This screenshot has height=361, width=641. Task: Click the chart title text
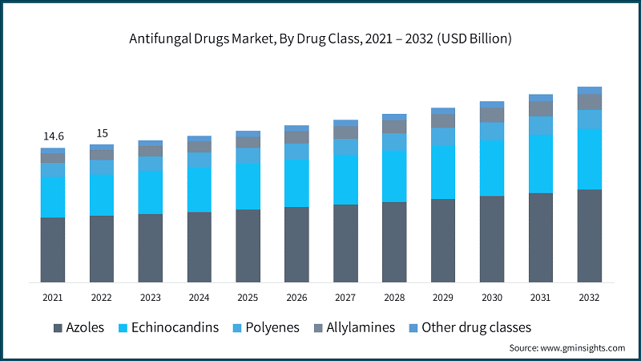[320, 39]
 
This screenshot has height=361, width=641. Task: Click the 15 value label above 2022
[102, 133]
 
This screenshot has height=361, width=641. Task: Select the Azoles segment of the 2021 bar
[53, 249]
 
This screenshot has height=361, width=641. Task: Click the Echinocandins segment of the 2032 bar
[590, 159]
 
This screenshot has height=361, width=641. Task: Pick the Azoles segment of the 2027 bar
[345, 243]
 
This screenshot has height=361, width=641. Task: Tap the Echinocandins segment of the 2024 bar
[200, 189]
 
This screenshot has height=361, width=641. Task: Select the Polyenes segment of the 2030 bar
[492, 132]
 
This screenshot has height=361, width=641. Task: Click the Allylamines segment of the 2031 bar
[541, 108]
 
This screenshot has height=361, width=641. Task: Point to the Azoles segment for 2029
[443, 241]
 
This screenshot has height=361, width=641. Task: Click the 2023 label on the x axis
[151, 298]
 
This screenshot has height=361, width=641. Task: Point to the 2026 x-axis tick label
[296, 298]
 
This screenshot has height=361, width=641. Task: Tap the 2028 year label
[394, 298]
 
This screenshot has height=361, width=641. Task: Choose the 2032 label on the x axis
[590, 298]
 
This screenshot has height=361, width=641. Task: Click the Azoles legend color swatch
[58, 327]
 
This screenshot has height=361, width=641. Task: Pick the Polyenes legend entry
[272, 327]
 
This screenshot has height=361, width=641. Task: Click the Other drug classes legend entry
[476, 327]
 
